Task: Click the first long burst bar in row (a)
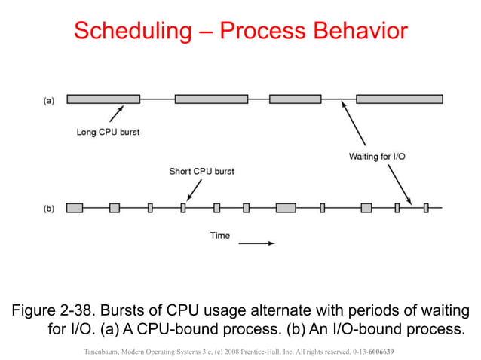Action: pyautogui.click(x=103, y=99)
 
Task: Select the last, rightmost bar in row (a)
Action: pyautogui.click(x=399, y=99)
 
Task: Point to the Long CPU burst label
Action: pyautogui.click(x=108, y=133)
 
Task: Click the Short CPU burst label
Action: pyautogui.click(x=201, y=171)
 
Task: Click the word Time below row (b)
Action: pyautogui.click(x=219, y=236)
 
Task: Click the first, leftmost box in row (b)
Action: pyautogui.click(x=75, y=208)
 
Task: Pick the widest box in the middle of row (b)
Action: pyautogui.click(x=286, y=208)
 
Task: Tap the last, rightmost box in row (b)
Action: pyautogui.click(x=426, y=208)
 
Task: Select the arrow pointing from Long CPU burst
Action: pyautogui.click(x=115, y=114)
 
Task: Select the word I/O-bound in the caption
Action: pyautogui.click(x=374, y=330)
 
